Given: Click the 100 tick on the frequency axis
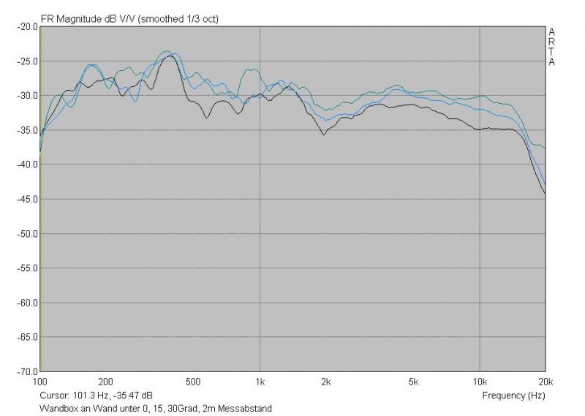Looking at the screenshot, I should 40,381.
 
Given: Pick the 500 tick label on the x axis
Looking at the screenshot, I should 193,381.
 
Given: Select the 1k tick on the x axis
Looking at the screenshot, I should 260,381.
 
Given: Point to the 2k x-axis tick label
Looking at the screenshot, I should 326,381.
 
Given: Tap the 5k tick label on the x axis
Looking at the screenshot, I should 413,381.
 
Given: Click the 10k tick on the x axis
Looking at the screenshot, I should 480,381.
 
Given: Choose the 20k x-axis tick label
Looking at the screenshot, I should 546,381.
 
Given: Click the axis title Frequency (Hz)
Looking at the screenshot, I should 514,396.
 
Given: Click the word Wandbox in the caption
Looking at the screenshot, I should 56,409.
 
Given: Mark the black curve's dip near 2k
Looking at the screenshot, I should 323,134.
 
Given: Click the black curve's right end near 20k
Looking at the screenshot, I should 545,193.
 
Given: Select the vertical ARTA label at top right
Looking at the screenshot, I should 552,47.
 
